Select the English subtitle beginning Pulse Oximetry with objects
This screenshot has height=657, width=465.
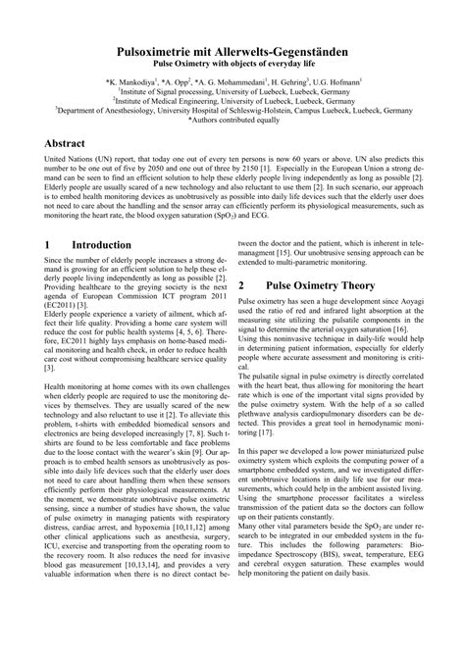tap(232, 61)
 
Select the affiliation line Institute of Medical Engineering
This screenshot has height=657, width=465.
tap(232, 99)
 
